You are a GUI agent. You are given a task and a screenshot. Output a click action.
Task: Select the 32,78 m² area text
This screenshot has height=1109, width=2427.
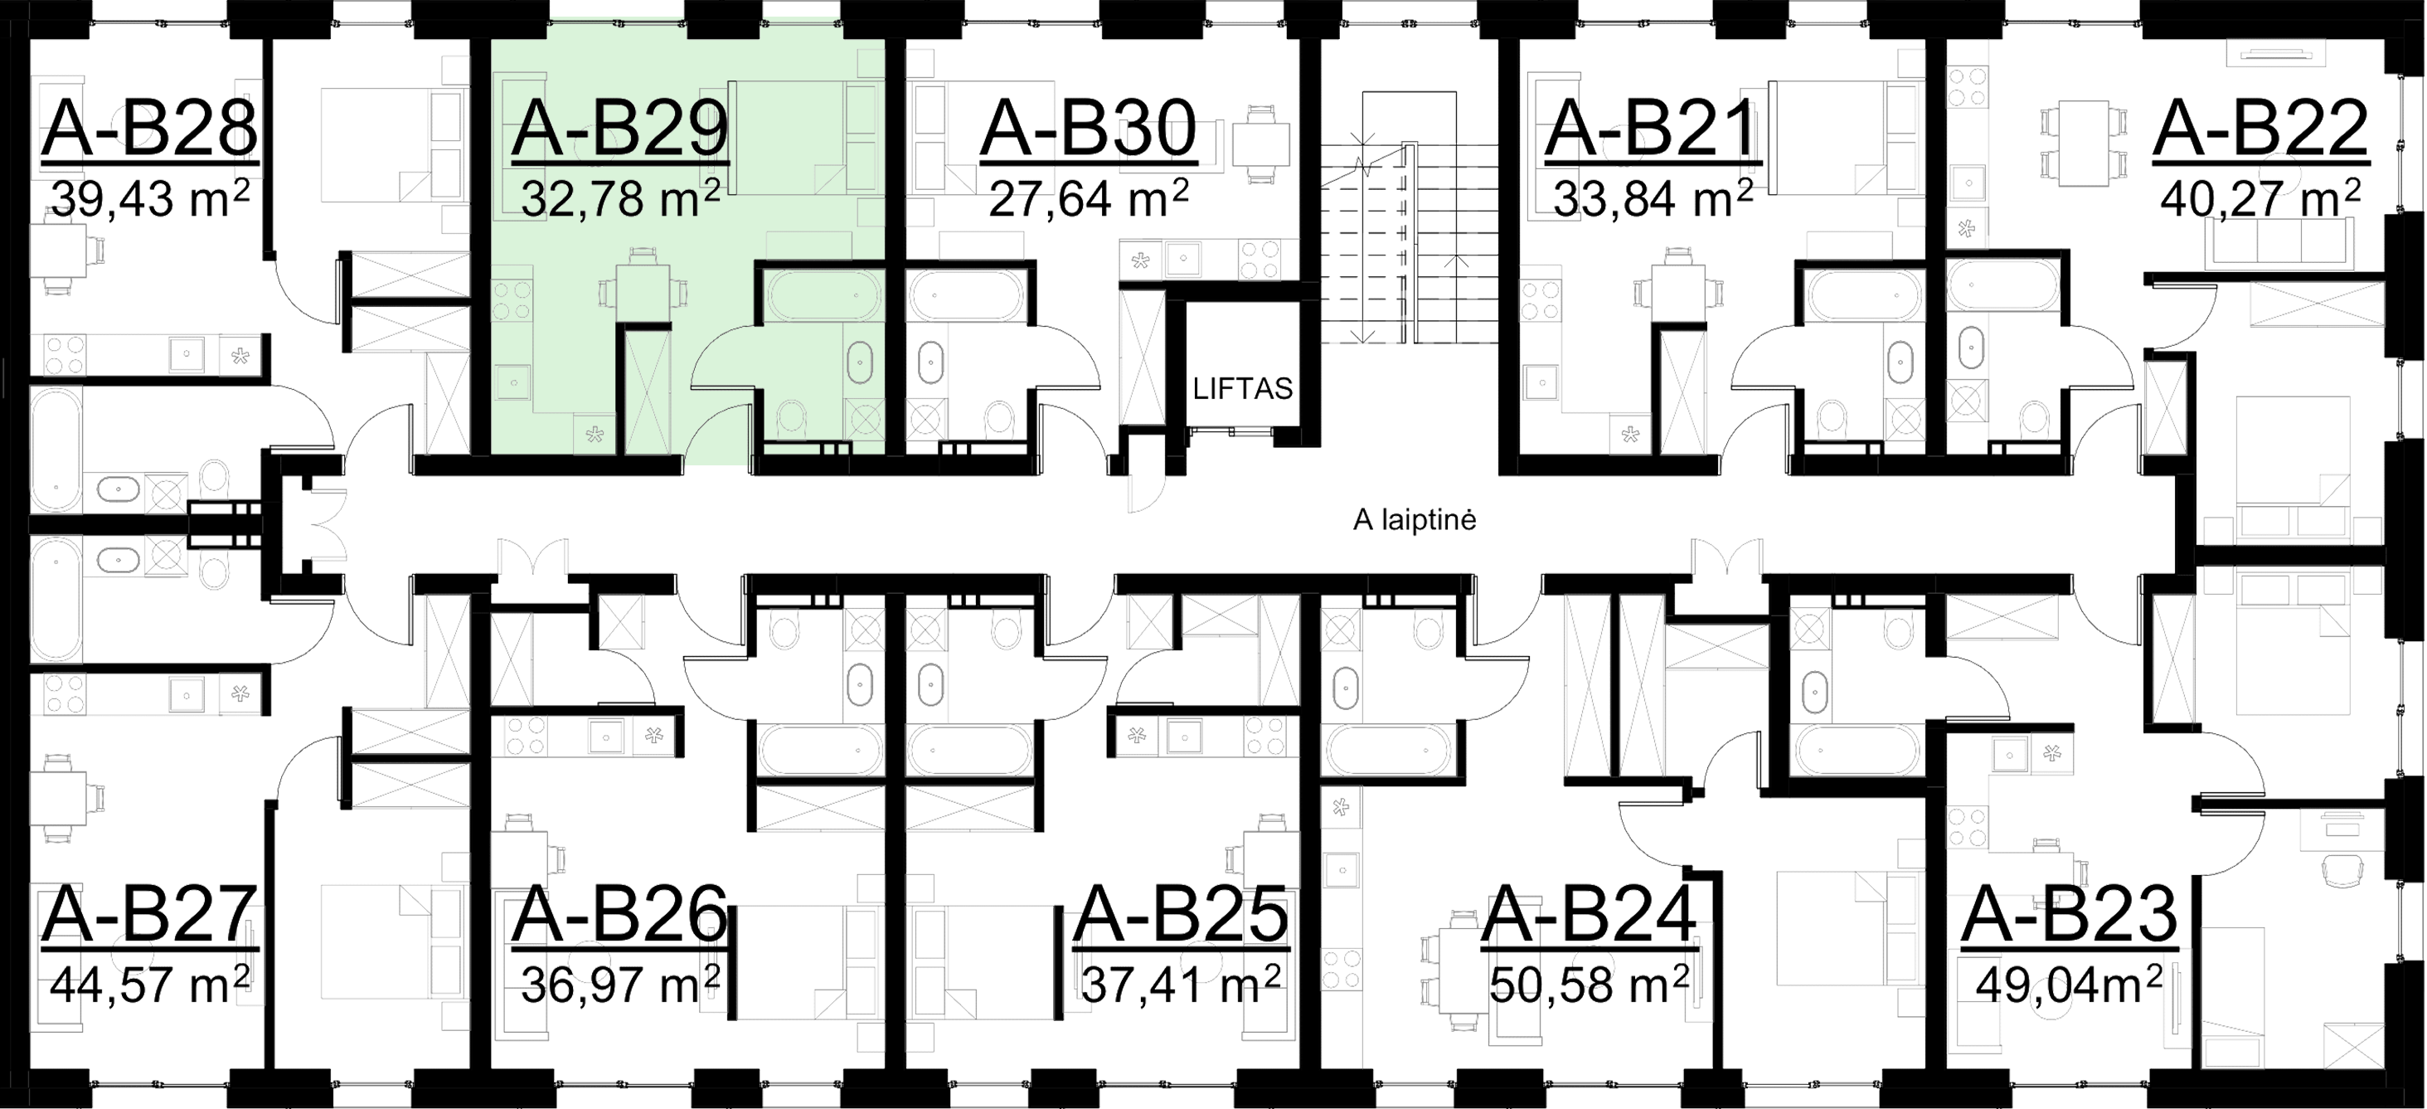pos(619,199)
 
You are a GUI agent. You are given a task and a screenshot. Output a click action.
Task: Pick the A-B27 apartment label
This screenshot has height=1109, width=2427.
pos(149,915)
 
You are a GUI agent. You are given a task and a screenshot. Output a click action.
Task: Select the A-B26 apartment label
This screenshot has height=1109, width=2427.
pos(619,915)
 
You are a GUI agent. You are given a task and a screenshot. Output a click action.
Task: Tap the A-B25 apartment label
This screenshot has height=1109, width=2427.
pos(1181,915)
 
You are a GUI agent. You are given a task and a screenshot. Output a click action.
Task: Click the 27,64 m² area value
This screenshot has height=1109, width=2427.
pos(1088,199)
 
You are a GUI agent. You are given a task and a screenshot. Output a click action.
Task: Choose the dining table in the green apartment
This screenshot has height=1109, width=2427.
pos(642,284)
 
